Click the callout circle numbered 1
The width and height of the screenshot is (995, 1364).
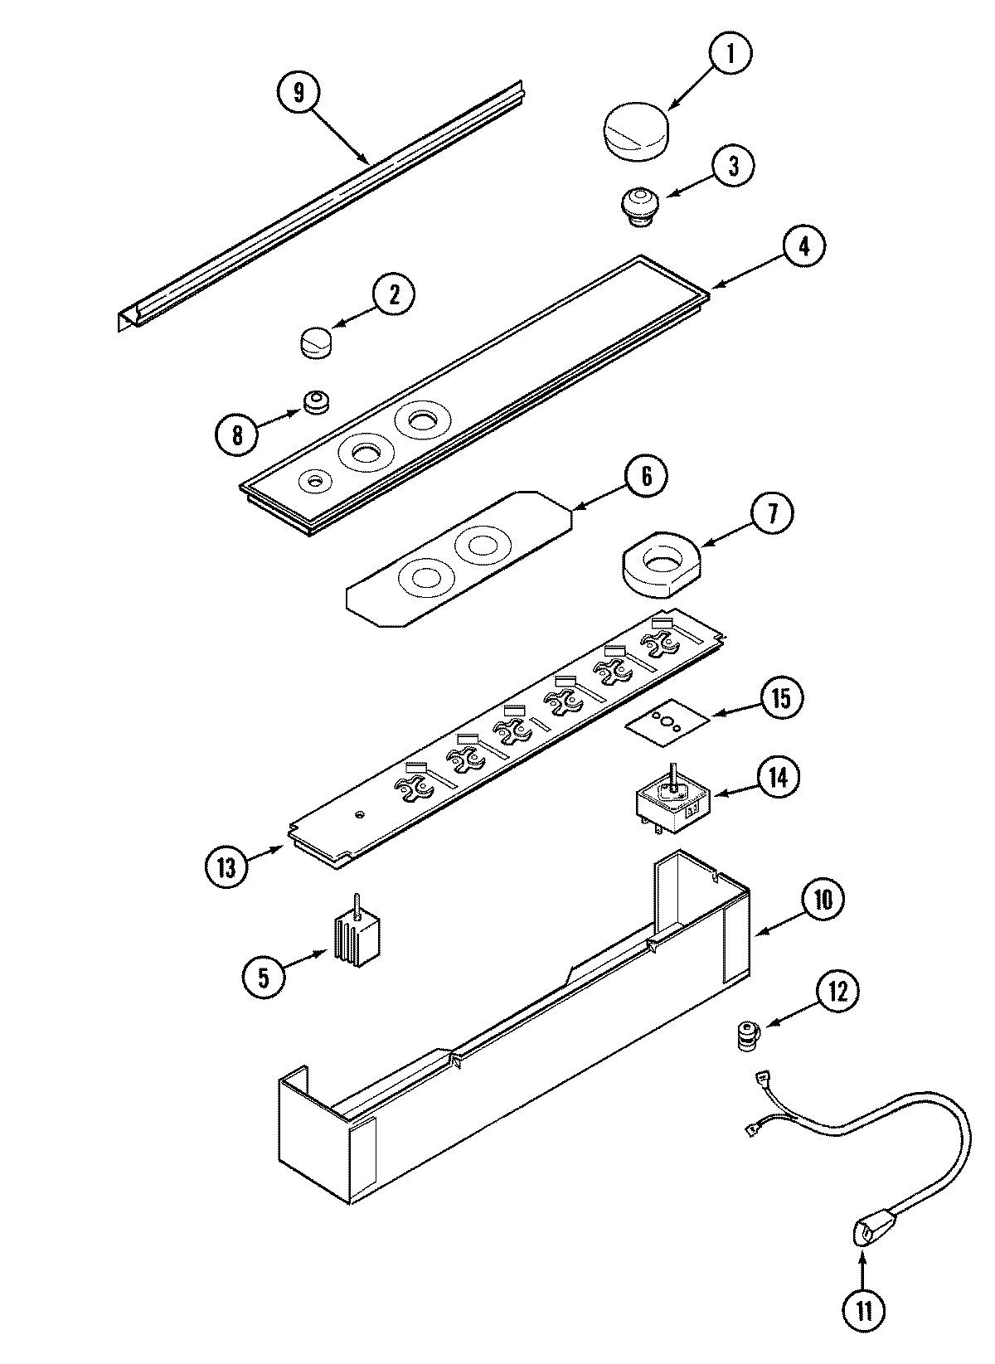730,54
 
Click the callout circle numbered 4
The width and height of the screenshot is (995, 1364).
802,247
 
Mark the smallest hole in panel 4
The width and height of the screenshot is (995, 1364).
315,480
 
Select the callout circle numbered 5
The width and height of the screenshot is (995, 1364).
264,977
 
